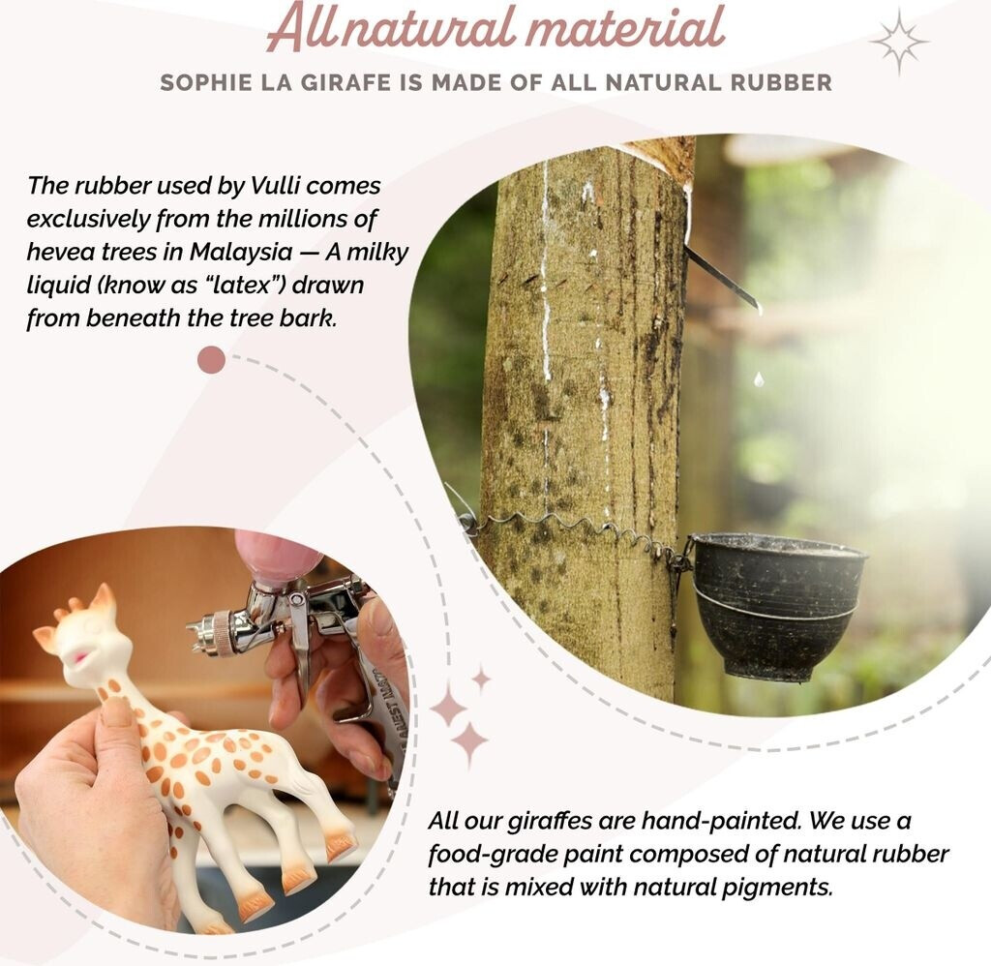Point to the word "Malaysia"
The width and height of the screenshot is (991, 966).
[x=241, y=253]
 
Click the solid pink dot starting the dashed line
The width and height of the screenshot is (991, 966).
[x=211, y=359]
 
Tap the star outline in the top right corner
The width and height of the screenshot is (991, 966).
[x=899, y=42]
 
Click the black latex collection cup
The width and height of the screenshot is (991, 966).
[x=777, y=604]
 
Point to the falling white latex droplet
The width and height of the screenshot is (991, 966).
[x=759, y=379]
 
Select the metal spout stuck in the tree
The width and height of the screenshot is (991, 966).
[x=720, y=275]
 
